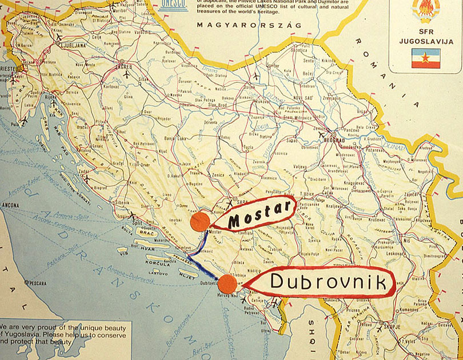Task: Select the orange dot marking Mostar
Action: (x=199, y=222)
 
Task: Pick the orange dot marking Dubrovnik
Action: (x=227, y=283)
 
